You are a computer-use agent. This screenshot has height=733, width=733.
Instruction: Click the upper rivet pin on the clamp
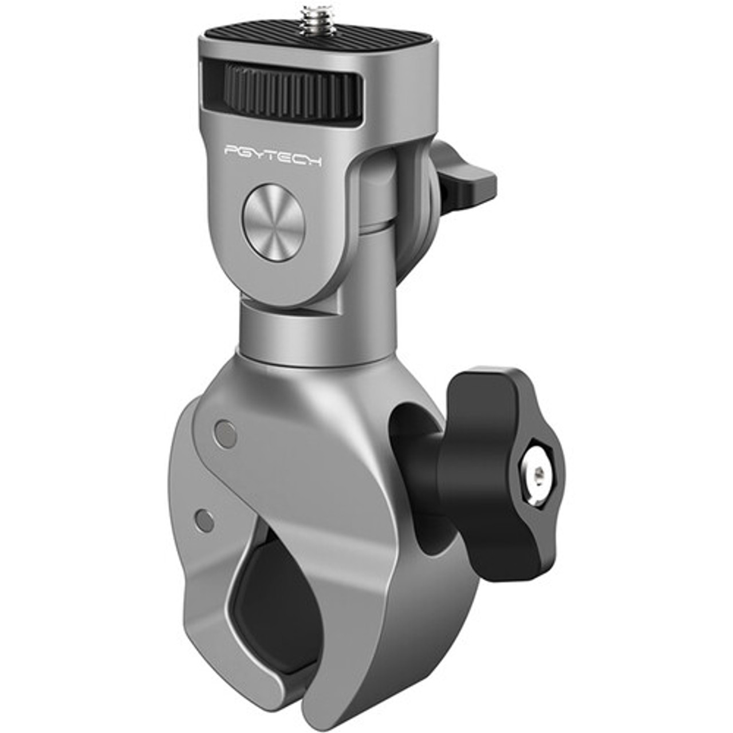point(224,434)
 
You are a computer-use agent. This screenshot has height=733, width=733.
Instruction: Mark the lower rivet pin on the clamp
point(204,520)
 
